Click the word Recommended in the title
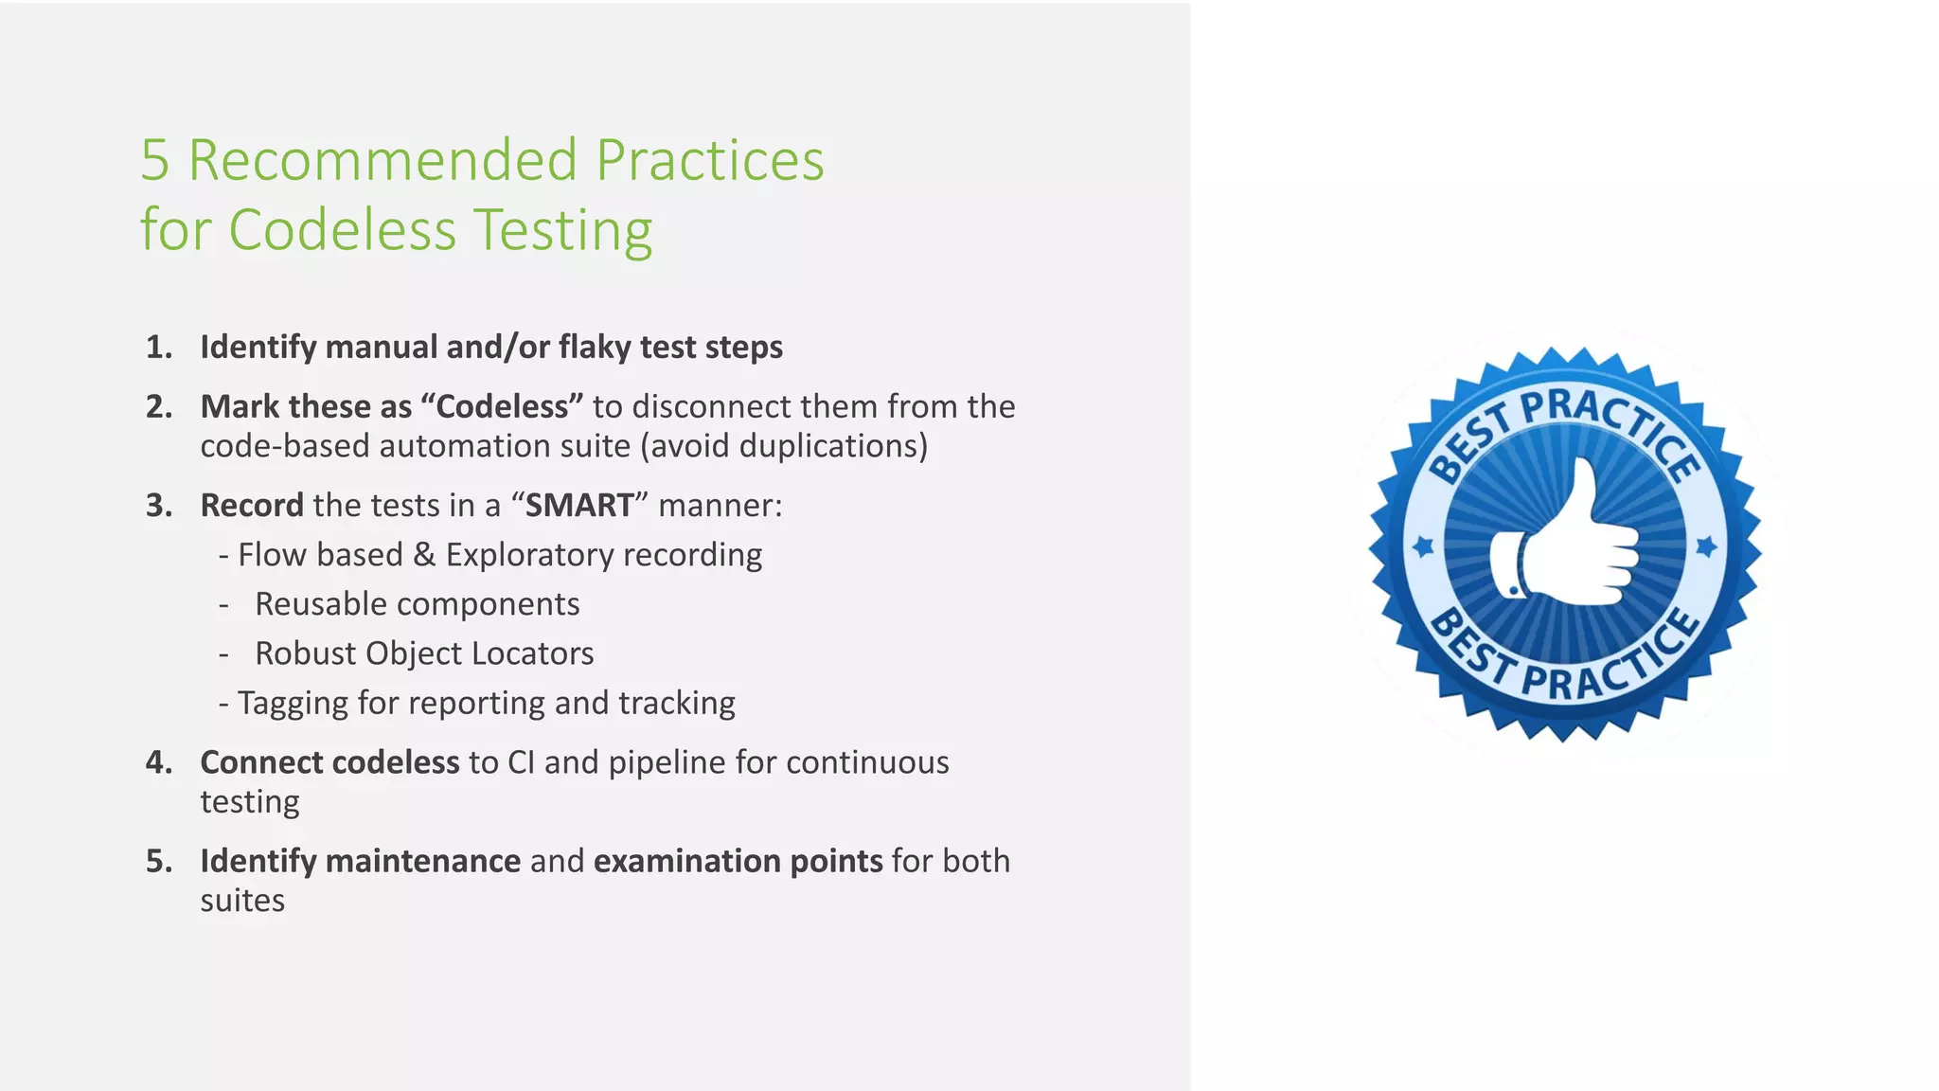[382, 160]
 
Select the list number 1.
[158, 348]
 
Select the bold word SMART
[579, 506]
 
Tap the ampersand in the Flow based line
[424, 555]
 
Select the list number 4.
[158, 762]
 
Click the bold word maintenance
[422, 861]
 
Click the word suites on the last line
[242, 901]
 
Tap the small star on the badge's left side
[1423, 546]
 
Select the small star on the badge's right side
[1706, 546]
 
